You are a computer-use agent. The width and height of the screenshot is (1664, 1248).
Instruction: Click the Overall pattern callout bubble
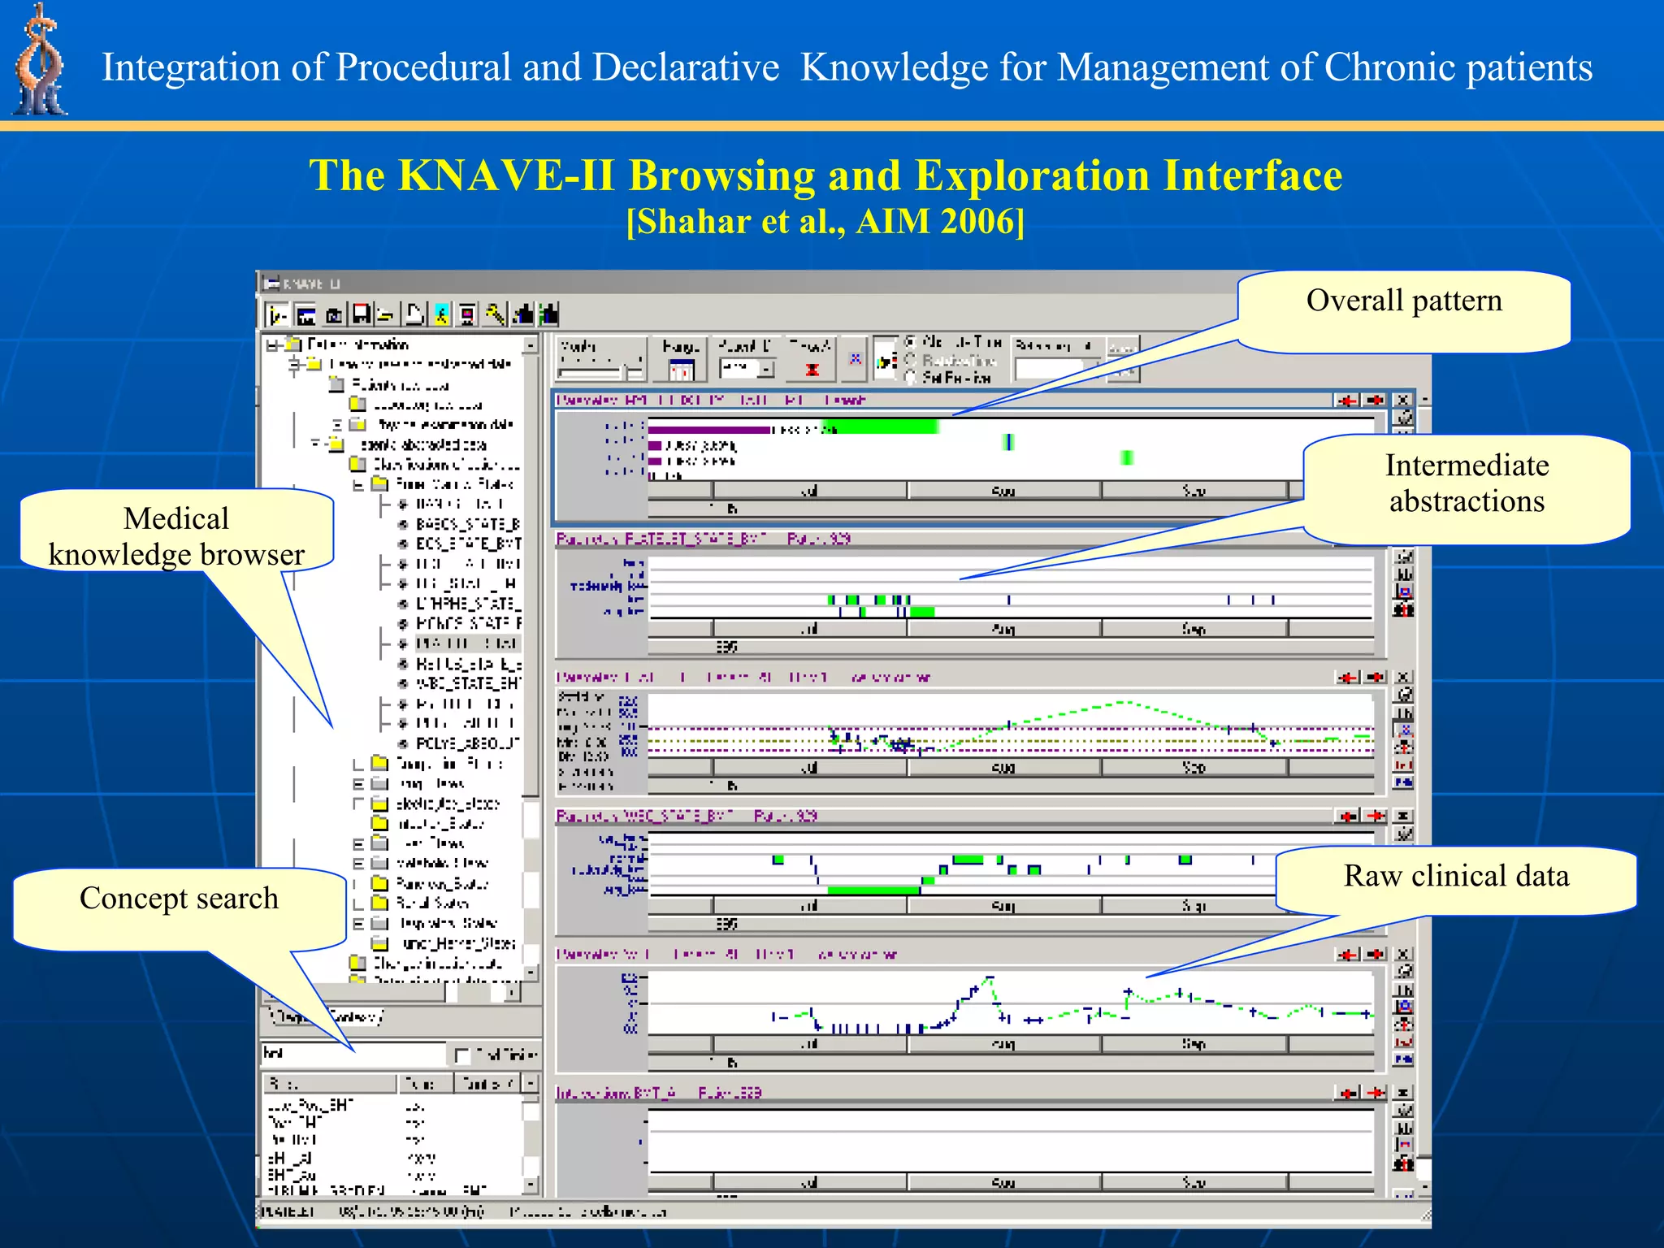click(1403, 311)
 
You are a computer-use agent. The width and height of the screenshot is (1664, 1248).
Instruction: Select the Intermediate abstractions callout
click(1467, 487)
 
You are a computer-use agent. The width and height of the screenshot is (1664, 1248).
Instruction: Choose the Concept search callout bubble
click(179, 902)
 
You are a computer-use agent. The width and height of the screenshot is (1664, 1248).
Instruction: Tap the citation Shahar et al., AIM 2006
click(825, 222)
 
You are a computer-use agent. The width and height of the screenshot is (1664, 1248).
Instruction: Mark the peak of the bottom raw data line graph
click(989, 977)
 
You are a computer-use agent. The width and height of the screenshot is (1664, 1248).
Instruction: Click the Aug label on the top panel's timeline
click(1003, 491)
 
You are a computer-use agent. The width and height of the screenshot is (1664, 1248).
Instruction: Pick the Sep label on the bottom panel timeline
click(1193, 1182)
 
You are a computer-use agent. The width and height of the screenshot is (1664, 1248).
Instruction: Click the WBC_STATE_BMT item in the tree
click(466, 683)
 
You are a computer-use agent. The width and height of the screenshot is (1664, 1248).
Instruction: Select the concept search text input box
click(353, 1054)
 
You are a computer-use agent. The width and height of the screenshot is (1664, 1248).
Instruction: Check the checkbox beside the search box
click(462, 1055)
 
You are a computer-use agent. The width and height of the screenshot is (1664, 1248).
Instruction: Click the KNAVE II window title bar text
click(313, 284)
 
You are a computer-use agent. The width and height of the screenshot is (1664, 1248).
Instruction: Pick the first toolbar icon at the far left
click(277, 314)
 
